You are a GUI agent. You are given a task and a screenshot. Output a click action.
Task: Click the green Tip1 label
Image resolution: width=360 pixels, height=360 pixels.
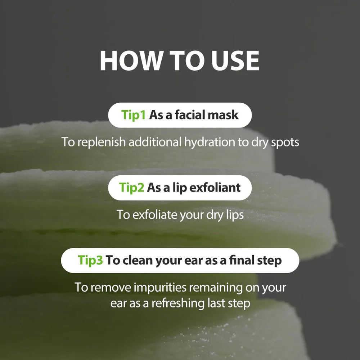(134, 115)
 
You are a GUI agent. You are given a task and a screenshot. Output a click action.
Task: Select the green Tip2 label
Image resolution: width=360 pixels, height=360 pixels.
(132, 188)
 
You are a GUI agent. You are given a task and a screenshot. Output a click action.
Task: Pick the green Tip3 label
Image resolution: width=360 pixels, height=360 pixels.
(90, 260)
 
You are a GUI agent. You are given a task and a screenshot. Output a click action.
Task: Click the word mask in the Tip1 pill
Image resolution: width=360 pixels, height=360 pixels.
(223, 115)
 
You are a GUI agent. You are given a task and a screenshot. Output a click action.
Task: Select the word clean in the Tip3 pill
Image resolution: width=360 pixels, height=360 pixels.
(138, 260)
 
